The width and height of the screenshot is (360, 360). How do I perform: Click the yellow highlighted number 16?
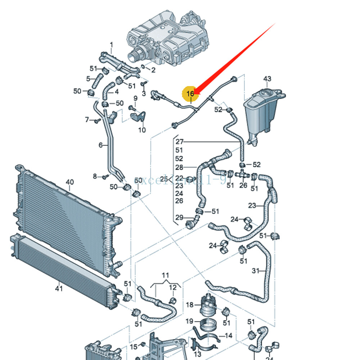190,94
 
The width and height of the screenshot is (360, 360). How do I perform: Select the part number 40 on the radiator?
69,183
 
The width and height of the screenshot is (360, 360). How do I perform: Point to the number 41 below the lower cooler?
59,288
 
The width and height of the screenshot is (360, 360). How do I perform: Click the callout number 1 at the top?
111,45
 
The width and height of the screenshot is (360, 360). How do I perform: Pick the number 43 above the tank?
267,79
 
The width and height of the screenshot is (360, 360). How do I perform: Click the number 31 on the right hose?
256,271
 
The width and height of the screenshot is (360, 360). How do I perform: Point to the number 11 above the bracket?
165,276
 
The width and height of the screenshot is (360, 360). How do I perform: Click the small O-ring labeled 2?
144,67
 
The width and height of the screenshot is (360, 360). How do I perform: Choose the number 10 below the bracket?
142,130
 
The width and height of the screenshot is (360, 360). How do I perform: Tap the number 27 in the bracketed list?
179,142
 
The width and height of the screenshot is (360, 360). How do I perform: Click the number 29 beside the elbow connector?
179,217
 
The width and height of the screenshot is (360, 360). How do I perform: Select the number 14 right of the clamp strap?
228,336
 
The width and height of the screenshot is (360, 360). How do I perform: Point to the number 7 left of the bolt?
87,119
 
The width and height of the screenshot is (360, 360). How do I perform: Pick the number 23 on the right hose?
252,206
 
